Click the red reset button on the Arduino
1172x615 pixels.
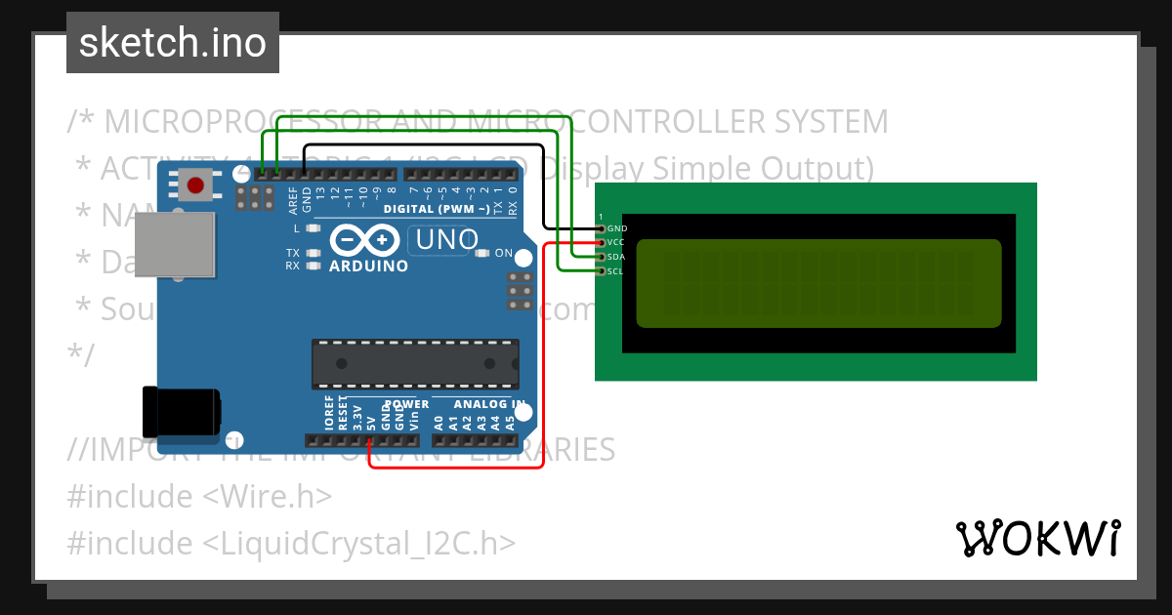[x=196, y=184]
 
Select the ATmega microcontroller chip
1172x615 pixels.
[x=413, y=363]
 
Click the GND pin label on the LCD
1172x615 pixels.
[x=616, y=228]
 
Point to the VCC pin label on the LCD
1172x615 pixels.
[x=615, y=242]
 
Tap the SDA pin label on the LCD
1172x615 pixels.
[x=615, y=257]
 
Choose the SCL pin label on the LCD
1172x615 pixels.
[x=615, y=271]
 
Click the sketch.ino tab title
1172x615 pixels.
[x=173, y=43]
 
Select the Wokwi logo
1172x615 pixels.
[x=1038, y=538]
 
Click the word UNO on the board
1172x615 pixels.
[x=446, y=239]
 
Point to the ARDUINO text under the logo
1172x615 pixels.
[x=368, y=266]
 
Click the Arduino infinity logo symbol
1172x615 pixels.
[x=365, y=239]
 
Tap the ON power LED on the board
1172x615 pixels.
[x=481, y=254]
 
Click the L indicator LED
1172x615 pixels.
[x=314, y=228]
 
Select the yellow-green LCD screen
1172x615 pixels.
[x=818, y=283]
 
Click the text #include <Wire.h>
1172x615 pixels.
[x=199, y=496]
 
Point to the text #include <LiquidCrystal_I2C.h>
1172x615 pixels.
[x=291, y=543]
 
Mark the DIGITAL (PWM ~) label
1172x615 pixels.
[x=437, y=209]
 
